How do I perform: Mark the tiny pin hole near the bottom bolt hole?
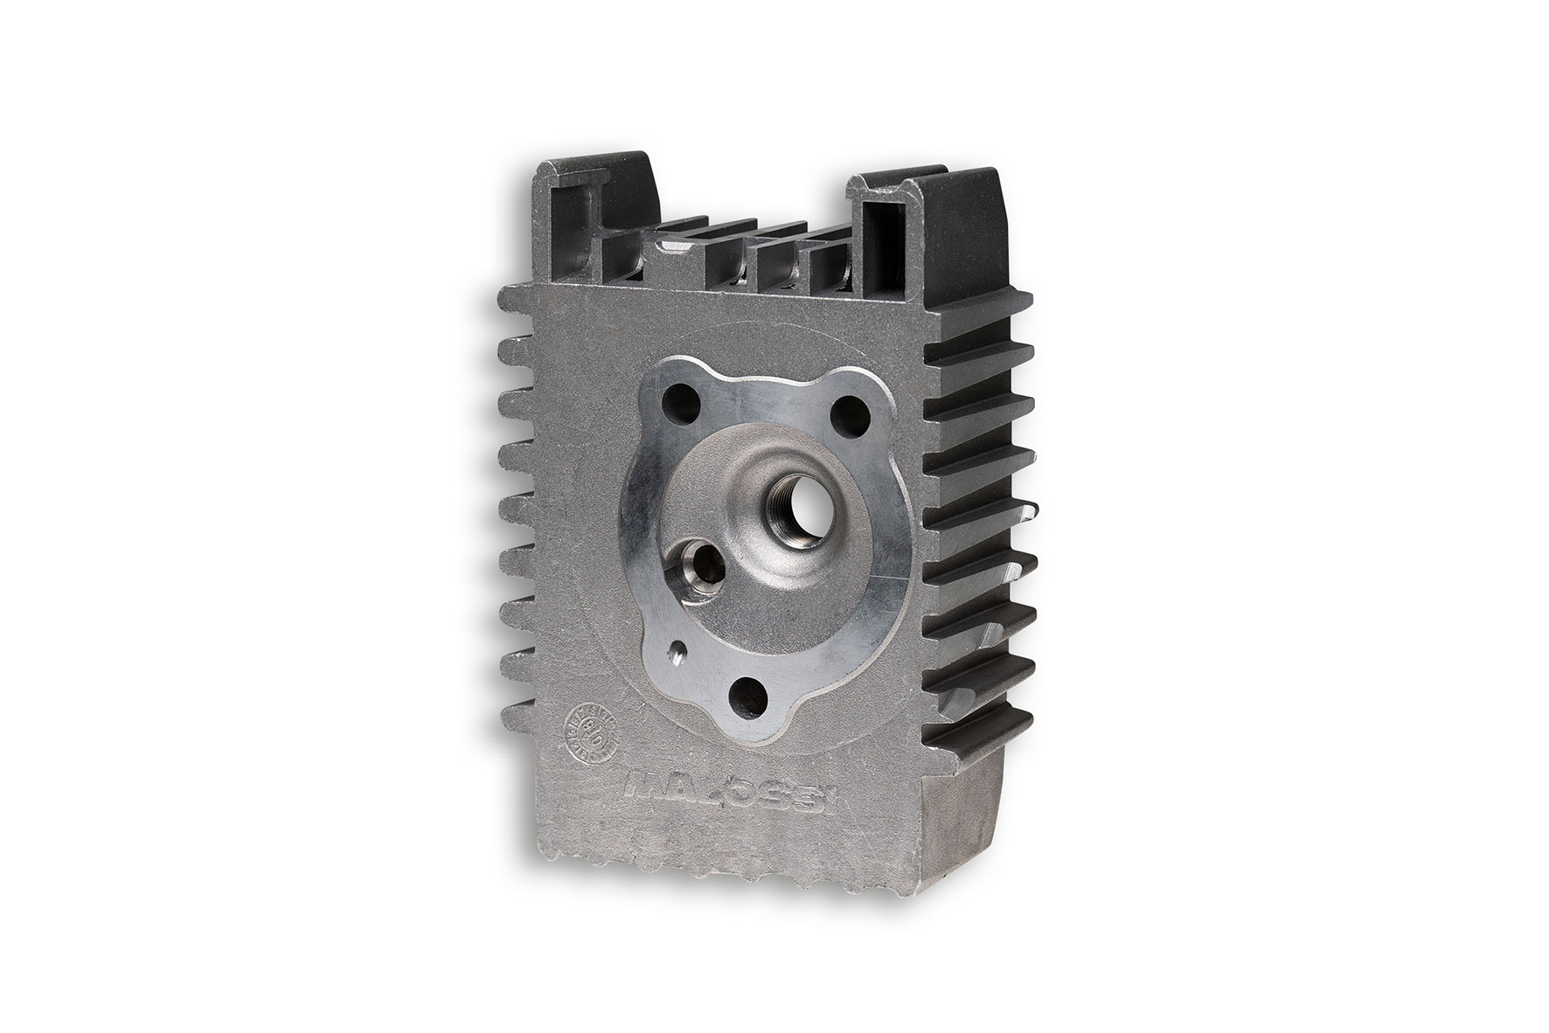pyautogui.click(x=677, y=651)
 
